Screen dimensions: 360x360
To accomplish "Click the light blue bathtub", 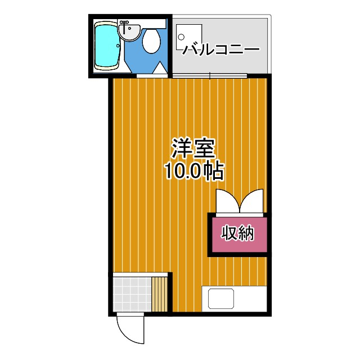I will coord(105,46).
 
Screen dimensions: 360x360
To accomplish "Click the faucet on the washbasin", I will coord(125,22).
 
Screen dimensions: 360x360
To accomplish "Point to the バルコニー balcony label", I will coord(220,49).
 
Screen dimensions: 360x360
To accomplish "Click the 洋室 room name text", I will coord(192,149).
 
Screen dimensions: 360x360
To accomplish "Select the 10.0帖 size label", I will coord(193,170).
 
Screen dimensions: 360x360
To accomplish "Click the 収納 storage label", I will coord(238,232).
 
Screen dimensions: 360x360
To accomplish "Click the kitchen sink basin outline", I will coord(220,298).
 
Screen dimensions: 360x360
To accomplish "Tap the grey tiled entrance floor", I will coord(131,292).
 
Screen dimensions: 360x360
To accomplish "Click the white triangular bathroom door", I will coord(159,70).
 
